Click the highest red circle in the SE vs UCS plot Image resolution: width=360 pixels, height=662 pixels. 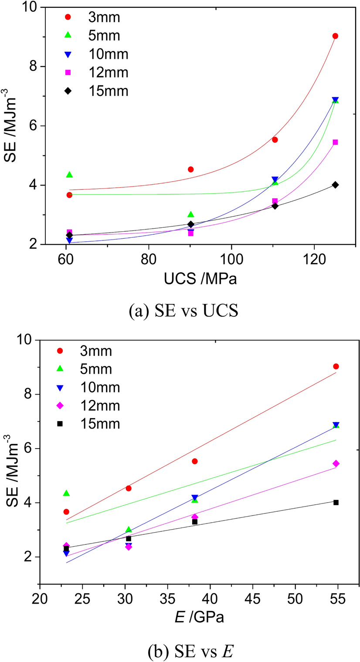(x=335, y=36)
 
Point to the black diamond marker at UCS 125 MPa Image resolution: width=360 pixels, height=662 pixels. (x=335, y=185)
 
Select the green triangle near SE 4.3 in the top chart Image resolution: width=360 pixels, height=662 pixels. (x=69, y=175)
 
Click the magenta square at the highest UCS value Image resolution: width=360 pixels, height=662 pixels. (x=335, y=142)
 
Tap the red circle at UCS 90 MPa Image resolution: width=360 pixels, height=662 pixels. (x=190, y=169)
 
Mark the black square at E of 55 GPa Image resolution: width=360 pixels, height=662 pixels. (x=336, y=502)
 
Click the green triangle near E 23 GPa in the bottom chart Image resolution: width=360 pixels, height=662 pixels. (x=66, y=493)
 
